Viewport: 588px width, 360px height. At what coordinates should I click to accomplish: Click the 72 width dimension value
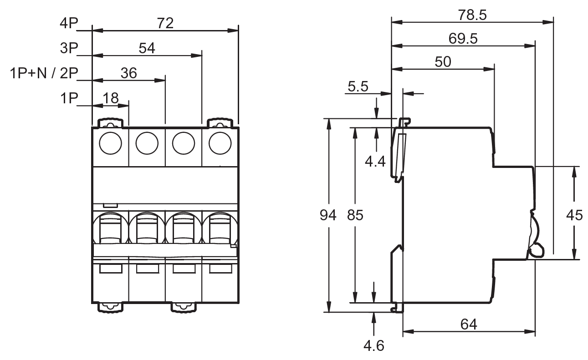(165, 23)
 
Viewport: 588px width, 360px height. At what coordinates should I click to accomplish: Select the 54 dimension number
(147, 48)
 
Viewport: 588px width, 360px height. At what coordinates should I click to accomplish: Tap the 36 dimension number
(128, 73)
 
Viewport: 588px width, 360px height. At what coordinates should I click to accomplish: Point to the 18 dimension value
(111, 98)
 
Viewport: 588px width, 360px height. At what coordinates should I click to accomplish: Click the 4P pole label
(69, 23)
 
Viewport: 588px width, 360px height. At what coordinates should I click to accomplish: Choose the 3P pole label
(69, 48)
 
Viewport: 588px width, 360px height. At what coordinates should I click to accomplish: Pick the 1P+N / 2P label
(44, 73)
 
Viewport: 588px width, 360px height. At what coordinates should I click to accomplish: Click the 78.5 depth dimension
(472, 15)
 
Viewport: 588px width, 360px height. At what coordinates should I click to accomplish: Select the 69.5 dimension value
(463, 39)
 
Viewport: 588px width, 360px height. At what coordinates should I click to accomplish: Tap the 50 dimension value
(443, 62)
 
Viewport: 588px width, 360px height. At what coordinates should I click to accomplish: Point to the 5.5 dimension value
(358, 86)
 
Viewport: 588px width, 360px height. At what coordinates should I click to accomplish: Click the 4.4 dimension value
(375, 162)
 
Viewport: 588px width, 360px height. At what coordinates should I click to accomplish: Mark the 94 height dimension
(328, 215)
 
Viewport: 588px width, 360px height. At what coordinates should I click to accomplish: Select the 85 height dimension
(355, 215)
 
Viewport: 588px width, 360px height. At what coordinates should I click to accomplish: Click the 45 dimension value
(574, 215)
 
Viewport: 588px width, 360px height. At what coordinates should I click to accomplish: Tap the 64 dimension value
(469, 325)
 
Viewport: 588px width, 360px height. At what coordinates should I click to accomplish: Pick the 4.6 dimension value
(374, 346)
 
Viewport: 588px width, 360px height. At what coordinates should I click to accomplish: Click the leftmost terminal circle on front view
(111, 143)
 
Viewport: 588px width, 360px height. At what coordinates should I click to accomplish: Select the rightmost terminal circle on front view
(220, 143)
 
